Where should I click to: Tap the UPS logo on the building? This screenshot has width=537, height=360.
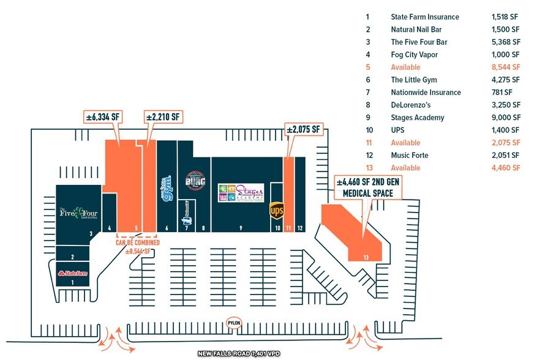pos(277,211)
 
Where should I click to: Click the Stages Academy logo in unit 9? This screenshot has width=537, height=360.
pos(241,193)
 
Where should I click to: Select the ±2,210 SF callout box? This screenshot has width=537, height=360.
pos(163,116)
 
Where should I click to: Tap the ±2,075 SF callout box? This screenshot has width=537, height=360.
pos(304,129)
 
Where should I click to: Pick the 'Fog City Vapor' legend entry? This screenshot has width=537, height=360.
pos(415,54)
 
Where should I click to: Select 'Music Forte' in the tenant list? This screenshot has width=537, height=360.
pos(409,156)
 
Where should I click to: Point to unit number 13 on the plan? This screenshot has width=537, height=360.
pos(366,257)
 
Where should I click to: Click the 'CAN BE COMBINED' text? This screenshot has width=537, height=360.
pos(138,242)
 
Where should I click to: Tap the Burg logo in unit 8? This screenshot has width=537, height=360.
pos(194,181)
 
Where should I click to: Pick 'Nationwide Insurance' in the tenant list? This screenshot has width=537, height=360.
pos(426,92)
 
